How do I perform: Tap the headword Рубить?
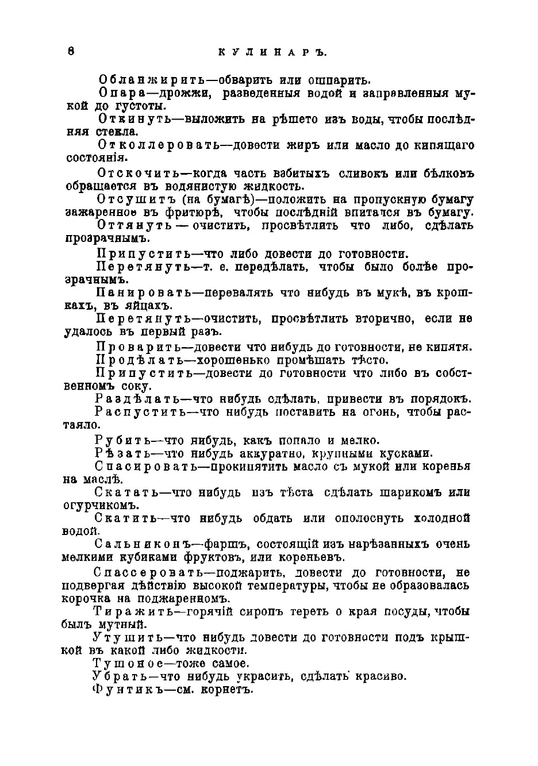pyautogui.click(x=122, y=440)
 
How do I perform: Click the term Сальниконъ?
pyautogui.click(x=136, y=544)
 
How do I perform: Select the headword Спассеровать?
pyautogui.click(x=145, y=572)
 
